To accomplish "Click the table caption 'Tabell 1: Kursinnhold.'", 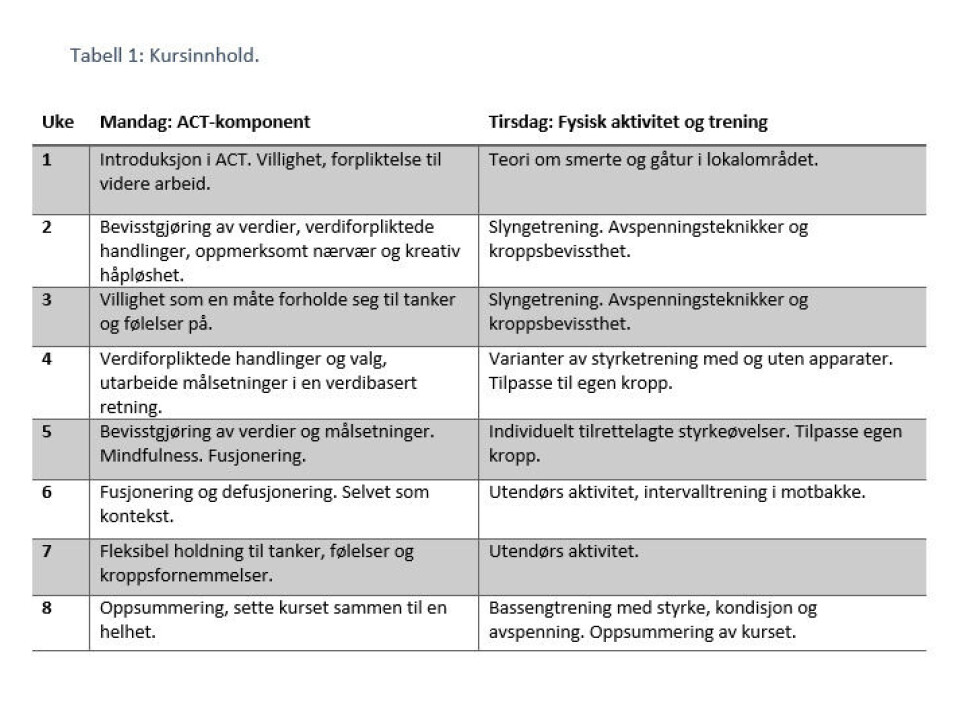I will (165, 56).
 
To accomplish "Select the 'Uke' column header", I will (57, 122).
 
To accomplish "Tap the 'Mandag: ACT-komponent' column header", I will (204, 122).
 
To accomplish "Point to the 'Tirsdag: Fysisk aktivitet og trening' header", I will (627, 122).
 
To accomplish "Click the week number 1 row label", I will (47, 160).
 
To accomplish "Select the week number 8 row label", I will (47, 608).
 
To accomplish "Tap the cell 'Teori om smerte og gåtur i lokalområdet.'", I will (652, 160).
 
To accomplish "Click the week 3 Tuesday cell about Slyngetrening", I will (648, 311).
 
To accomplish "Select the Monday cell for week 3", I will (277, 311).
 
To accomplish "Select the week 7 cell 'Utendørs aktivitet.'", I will (563, 552).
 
